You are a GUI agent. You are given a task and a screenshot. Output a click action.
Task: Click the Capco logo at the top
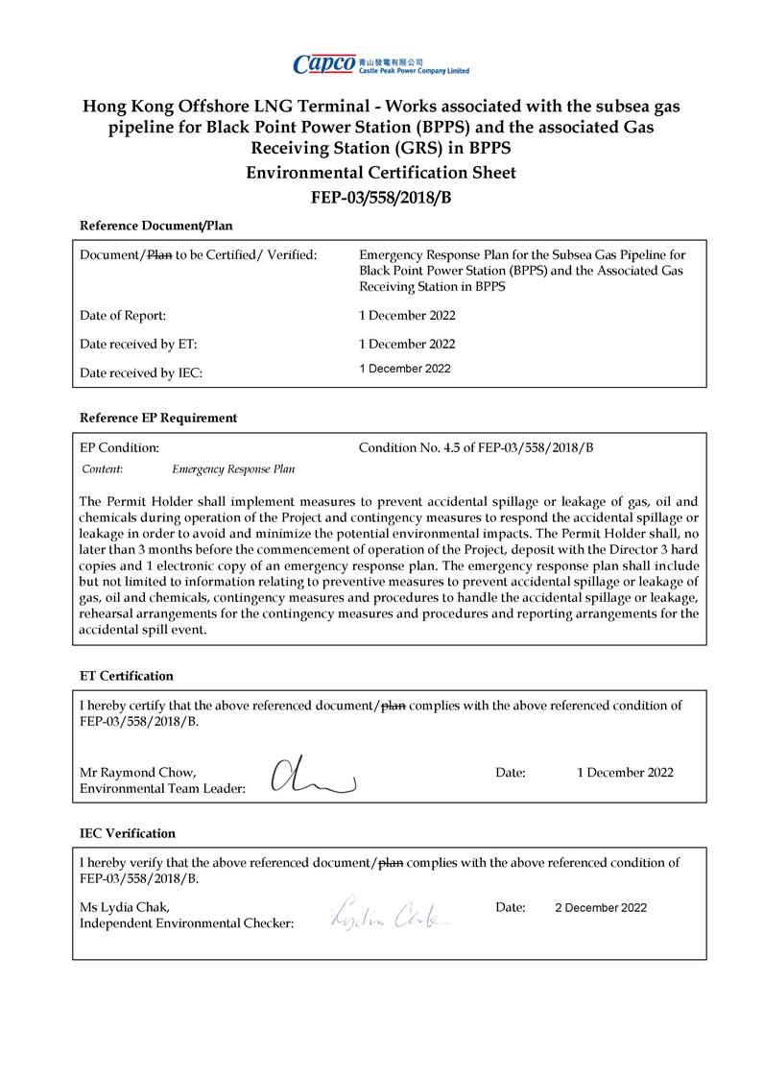point(381,64)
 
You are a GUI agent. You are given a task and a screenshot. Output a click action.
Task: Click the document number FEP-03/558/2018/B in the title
point(381,198)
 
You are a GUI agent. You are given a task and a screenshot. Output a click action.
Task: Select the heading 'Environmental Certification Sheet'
point(381,173)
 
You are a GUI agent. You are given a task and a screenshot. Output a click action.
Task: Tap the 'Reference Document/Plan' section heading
point(155,226)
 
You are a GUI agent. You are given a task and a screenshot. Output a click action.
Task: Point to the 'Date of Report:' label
point(122,315)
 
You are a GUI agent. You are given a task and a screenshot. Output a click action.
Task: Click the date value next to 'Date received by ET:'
point(407,344)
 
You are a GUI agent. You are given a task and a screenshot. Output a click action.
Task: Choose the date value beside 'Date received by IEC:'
point(404,369)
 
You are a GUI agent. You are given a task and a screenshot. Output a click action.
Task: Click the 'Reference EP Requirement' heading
point(158,418)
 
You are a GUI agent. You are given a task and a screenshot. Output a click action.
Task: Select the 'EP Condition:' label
point(119,447)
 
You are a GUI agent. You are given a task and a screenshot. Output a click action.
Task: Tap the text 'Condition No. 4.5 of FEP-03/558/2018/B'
point(476,447)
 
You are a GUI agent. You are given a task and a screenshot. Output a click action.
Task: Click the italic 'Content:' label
point(102,469)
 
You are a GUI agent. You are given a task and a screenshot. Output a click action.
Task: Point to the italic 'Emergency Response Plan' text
point(233,469)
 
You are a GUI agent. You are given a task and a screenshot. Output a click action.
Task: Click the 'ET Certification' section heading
point(127,676)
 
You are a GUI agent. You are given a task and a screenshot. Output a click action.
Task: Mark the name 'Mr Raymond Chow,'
point(138,772)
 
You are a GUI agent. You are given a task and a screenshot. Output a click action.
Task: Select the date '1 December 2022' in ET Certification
point(625,772)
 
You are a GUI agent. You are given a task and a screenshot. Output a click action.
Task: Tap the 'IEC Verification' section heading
point(128,833)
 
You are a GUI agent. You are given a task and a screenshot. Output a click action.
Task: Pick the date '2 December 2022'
point(601,907)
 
